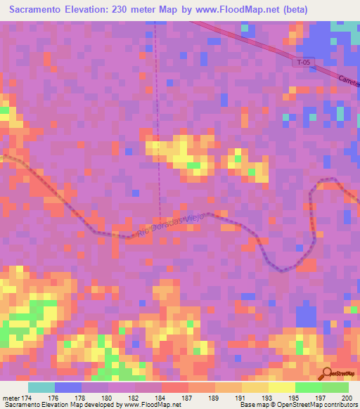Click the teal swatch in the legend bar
coord(41,387)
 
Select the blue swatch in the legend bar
coord(68,387)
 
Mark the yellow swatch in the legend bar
coord(281,387)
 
